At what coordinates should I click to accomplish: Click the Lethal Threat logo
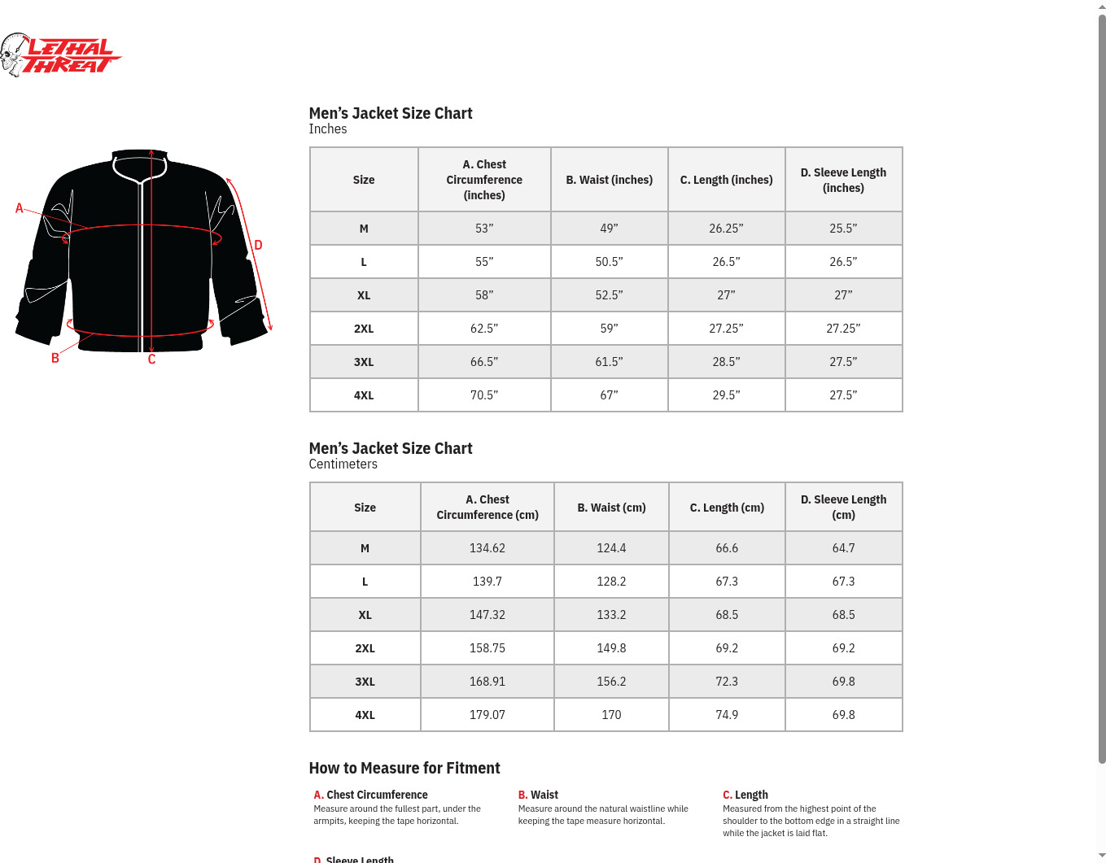(x=61, y=55)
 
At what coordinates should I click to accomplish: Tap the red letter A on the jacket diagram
(x=20, y=208)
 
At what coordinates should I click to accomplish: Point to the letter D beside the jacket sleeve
(x=258, y=245)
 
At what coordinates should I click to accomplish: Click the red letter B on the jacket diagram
(x=55, y=358)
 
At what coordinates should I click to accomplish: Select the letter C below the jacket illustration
(x=151, y=360)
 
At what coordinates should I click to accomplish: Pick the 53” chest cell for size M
(x=484, y=229)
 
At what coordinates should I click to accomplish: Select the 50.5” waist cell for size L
(x=609, y=262)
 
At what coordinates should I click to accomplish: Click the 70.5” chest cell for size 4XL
(x=484, y=395)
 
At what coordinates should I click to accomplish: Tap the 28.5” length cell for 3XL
(x=726, y=362)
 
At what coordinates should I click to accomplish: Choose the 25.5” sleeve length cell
(x=843, y=229)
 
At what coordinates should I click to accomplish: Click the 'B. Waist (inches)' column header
(x=609, y=180)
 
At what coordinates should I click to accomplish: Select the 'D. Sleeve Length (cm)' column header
(x=843, y=507)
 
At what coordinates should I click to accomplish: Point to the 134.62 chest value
(x=487, y=548)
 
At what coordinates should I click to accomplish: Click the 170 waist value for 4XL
(x=611, y=715)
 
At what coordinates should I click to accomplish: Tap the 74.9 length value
(x=727, y=715)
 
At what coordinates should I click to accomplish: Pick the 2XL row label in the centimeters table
(x=365, y=648)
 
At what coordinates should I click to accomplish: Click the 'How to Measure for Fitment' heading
(x=404, y=768)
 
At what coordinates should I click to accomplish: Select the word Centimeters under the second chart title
(x=343, y=464)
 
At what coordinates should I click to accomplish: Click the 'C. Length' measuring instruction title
(x=745, y=795)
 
